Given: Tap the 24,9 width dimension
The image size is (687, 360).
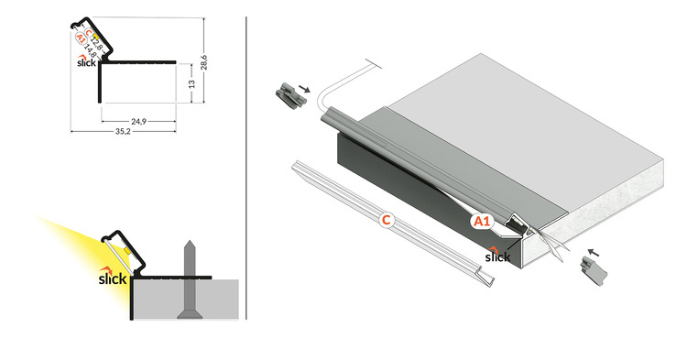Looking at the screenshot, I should click(x=139, y=120).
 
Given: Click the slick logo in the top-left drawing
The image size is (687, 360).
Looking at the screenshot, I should click(x=85, y=62).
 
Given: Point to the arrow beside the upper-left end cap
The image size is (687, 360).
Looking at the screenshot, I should click(x=307, y=90).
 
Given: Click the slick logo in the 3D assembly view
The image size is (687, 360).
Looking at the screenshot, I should click(x=497, y=255).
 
